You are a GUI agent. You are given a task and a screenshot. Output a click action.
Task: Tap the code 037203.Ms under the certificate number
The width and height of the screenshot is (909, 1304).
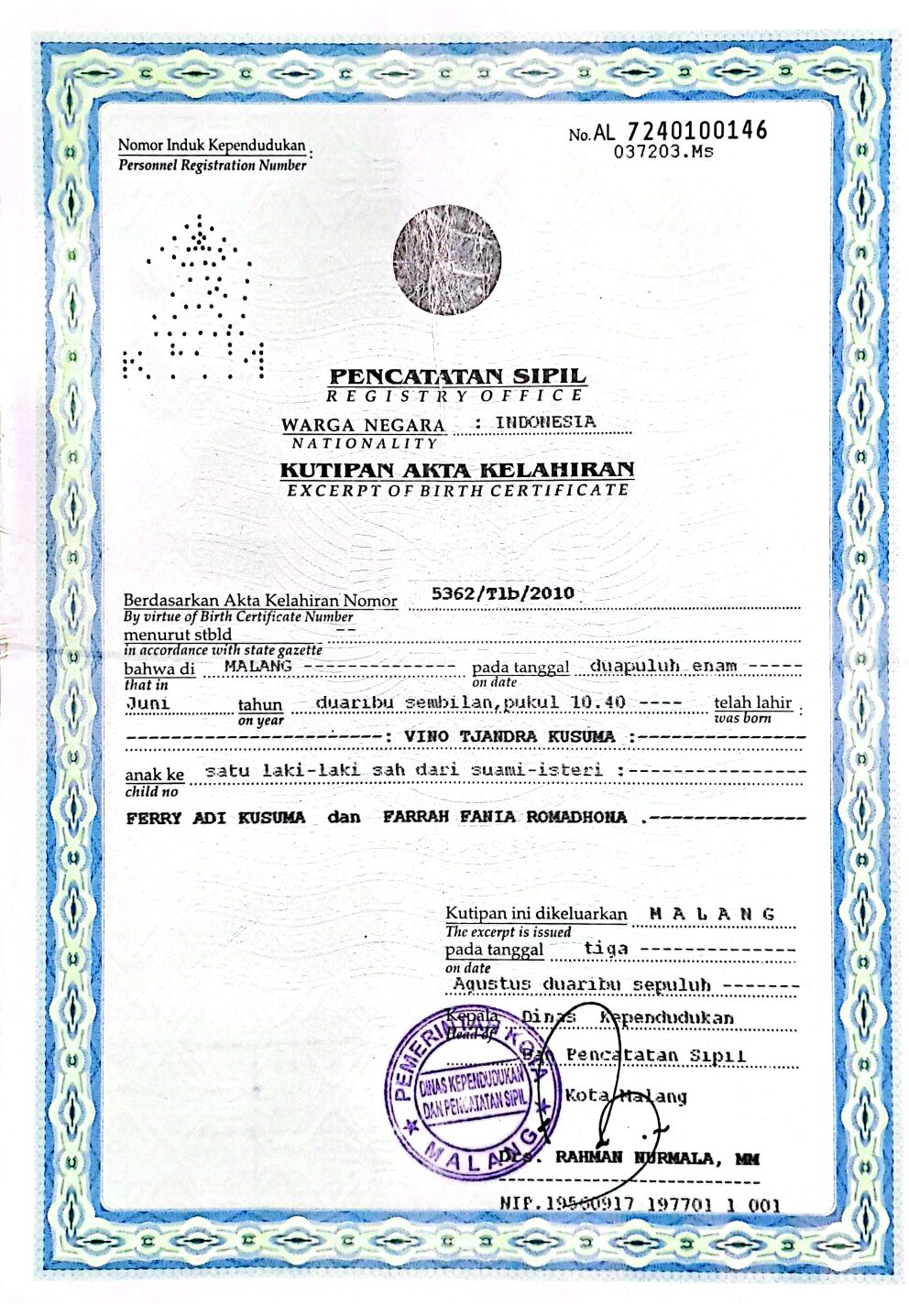(x=663, y=153)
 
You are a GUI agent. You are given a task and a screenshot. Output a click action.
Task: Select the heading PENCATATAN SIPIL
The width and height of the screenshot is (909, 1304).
(x=457, y=375)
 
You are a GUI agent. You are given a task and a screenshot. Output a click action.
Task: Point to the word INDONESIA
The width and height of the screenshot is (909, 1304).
(x=545, y=422)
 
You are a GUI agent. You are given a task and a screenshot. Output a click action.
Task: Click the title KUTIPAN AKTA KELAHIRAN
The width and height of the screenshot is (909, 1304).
(x=456, y=470)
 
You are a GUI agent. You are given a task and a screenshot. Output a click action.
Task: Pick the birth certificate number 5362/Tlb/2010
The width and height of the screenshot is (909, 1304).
(x=503, y=593)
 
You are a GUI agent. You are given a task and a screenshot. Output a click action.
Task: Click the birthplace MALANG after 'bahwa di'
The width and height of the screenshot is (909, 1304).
(x=257, y=666)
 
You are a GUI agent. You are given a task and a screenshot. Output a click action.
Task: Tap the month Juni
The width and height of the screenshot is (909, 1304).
(x=148, y=703)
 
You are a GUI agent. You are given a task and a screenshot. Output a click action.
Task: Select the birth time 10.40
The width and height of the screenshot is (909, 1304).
(x=598, y=702)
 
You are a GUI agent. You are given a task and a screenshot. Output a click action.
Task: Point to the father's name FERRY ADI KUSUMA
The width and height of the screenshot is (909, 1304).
(x=215, y=818)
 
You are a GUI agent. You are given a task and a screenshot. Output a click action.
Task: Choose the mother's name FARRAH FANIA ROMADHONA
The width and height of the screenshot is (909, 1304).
(x=505, y=817)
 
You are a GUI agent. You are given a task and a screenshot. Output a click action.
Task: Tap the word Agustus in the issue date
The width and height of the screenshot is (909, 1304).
(x=492, y=984)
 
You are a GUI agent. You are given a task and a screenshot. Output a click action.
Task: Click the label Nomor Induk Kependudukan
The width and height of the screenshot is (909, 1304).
(x=212, y=145)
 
